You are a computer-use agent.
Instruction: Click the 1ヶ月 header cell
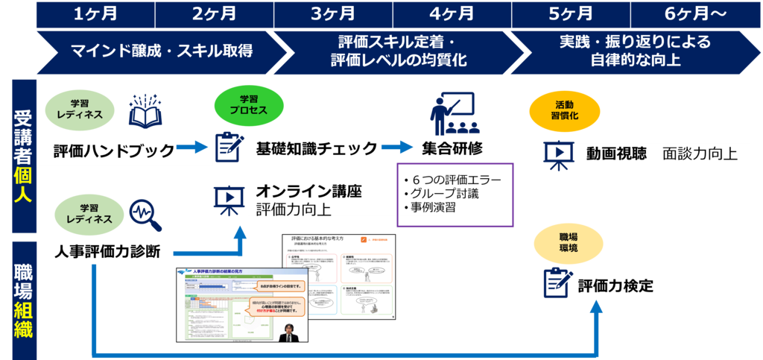click(95, 13)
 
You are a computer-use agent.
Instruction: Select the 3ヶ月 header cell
click(333, 13)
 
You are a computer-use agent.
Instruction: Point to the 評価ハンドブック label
click(113, 151)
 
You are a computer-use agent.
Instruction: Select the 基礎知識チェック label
click(317, 148)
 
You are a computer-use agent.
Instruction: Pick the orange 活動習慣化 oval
click(564, 111)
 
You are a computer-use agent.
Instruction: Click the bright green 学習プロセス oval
click(248, 105)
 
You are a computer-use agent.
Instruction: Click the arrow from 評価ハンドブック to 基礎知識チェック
click(193, 148)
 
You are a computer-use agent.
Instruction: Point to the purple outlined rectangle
click(455, 195)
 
